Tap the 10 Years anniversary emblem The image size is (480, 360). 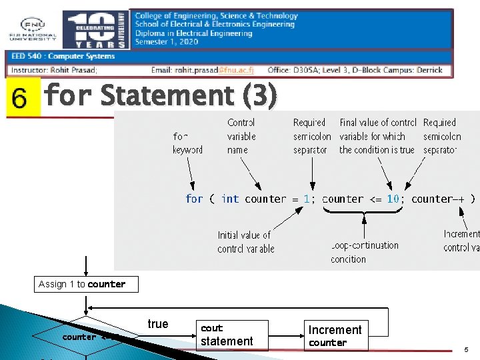click(x=96, y=29)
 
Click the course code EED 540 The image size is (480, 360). click(x=27, y=57)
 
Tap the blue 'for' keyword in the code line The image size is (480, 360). click(x=194, y=199)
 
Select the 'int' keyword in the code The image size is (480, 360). click(x=230, y=199)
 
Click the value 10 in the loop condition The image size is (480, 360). click(x=393, y=199)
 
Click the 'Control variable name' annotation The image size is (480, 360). click(x=241, y=136)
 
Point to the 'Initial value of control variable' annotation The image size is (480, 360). click(x=245, y=242)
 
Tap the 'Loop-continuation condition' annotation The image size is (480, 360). click(x=364, y=252)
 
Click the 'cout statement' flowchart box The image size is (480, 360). click(x=227, y=335)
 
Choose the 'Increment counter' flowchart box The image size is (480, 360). click(x=335, y=335)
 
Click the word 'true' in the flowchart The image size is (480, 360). click(x=157, y=324)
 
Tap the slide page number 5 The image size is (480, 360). click(x=466, y=349)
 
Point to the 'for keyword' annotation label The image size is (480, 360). click(x=187, y=143)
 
